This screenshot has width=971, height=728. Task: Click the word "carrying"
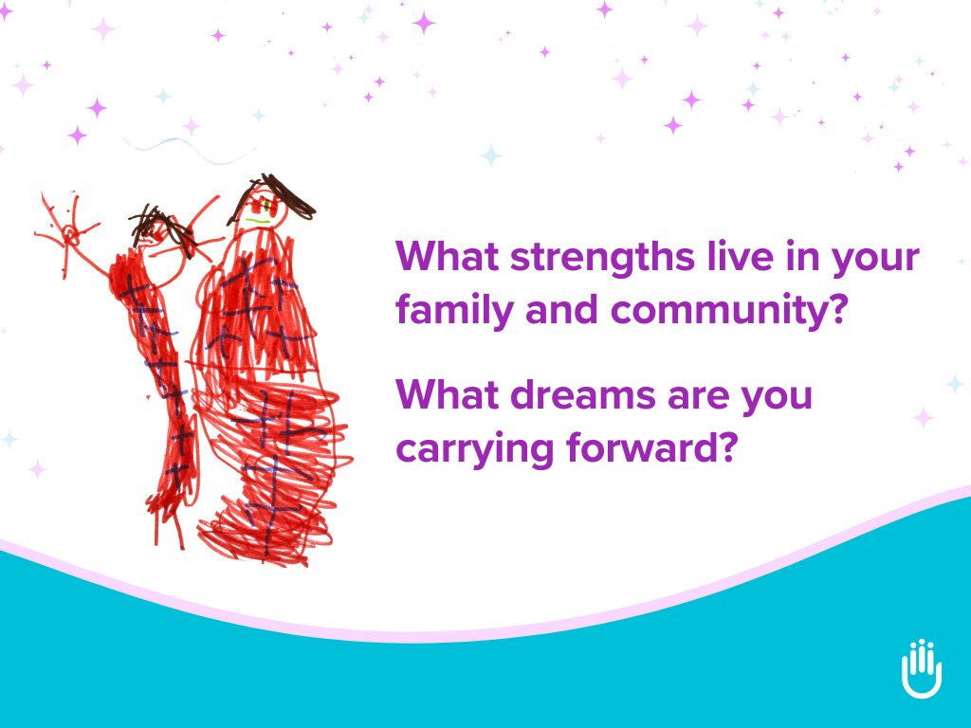474,448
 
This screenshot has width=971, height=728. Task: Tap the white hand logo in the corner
921,668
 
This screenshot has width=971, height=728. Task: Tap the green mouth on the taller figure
258,220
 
